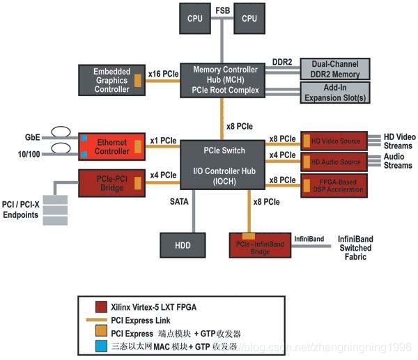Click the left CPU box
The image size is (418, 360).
(194, 19)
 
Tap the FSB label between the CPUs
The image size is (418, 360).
(222, 10)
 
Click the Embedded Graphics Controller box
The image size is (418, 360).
(111, 79)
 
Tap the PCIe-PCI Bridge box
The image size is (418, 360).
(111, 183)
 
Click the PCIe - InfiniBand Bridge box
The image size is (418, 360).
(258, 245)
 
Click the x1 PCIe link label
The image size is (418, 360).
(163, 141)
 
